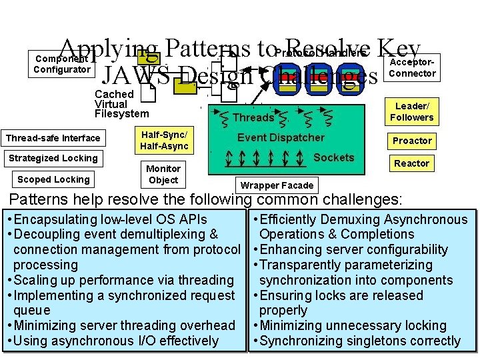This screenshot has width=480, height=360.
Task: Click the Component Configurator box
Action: pos(62,64)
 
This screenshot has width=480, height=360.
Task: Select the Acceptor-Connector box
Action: pos(412,67)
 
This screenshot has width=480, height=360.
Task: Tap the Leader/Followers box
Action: pos(411,112)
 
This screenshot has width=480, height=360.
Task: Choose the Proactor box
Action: pos(412,141)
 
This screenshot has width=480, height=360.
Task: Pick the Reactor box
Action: pos(412,163)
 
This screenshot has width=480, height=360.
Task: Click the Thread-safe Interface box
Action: pos(53,139)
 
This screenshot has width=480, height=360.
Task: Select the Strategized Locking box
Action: pos(53,159)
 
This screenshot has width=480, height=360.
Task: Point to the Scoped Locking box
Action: pos(53,179)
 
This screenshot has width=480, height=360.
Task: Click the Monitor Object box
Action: pos(163,174)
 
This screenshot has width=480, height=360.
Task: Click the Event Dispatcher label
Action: pos(281,137)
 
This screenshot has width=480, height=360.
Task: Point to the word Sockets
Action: pos(333,157)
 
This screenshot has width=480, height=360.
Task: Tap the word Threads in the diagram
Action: pos(253,118)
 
